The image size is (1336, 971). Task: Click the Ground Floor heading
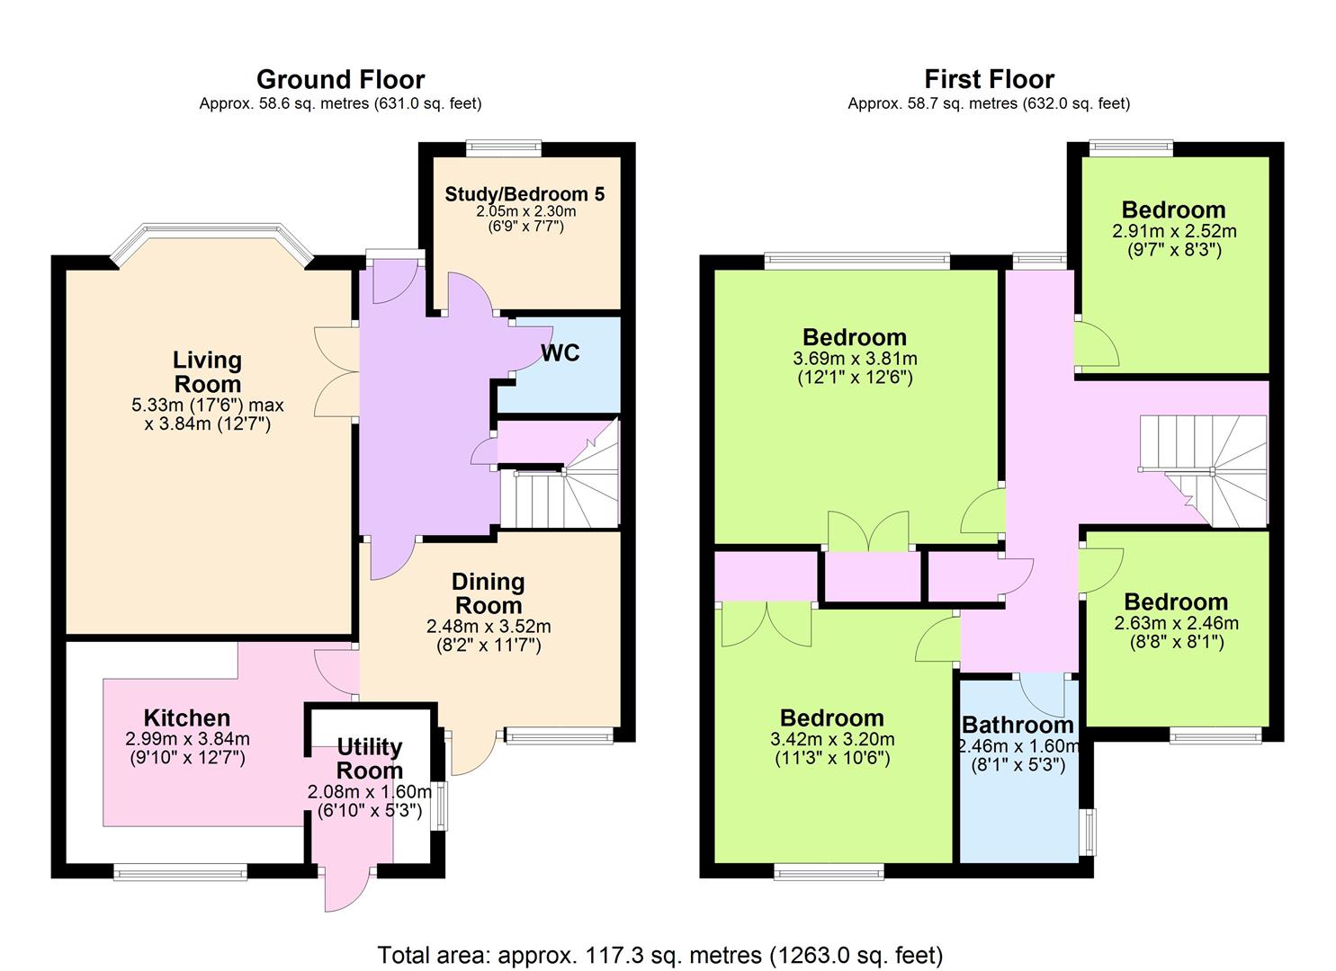(x=341, y=80)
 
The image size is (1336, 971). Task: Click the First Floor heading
(x=989, y=79)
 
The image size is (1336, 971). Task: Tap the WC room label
(x=560, y=352)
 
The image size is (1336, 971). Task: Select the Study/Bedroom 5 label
(x=525, y=194)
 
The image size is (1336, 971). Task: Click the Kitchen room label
(x=187, y=717)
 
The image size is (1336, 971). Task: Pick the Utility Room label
(x=370, y=758)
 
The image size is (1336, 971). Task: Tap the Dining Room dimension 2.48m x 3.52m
(x=489, y=627)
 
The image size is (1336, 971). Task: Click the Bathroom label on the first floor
(x=1018, y=725)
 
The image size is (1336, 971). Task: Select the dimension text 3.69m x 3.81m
(x=855, y=358)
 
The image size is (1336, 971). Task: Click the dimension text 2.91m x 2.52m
(x=1174, y=231)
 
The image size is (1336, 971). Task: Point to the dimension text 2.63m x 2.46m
(x=1176, y=623)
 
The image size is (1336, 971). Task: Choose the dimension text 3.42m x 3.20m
(x=832, y=739)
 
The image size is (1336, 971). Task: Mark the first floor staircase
(x=1202, y=471)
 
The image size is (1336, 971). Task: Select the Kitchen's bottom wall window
(x=180, y=872)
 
